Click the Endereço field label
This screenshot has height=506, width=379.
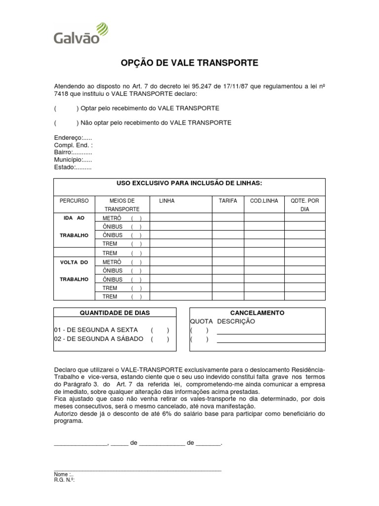click(73, 138)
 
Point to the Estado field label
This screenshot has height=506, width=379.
click(73, 167)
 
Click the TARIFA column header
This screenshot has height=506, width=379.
click(227, 201)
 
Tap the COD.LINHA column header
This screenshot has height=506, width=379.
click(264, 201)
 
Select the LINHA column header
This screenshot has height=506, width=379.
click(167, 201)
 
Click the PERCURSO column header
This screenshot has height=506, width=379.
click(74, 201)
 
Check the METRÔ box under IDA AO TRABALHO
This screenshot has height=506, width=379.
click(136, 218)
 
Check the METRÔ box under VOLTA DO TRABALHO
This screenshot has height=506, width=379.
click(136, 262)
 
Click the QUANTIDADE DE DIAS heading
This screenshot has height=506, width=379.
click(114, 313)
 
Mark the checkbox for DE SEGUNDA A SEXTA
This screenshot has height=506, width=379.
click(160, 330)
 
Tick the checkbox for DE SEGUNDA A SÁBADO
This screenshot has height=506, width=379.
click(160, 339)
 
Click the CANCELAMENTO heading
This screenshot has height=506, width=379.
click(257, 313)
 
